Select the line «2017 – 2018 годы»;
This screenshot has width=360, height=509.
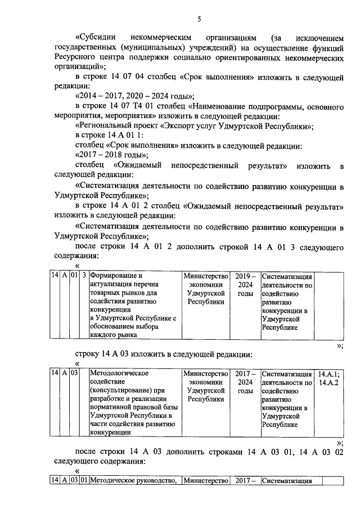[112, 154]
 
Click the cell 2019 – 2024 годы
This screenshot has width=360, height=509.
[245, 285]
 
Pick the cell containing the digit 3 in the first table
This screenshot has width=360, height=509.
[83, 276]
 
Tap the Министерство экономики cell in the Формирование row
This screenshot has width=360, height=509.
[205, 289]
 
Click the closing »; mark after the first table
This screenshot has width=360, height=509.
[339, 346]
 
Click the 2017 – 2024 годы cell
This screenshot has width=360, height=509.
[245, 382]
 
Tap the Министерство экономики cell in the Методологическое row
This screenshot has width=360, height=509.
[205, 386]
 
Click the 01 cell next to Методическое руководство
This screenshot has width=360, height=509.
[83, 480]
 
